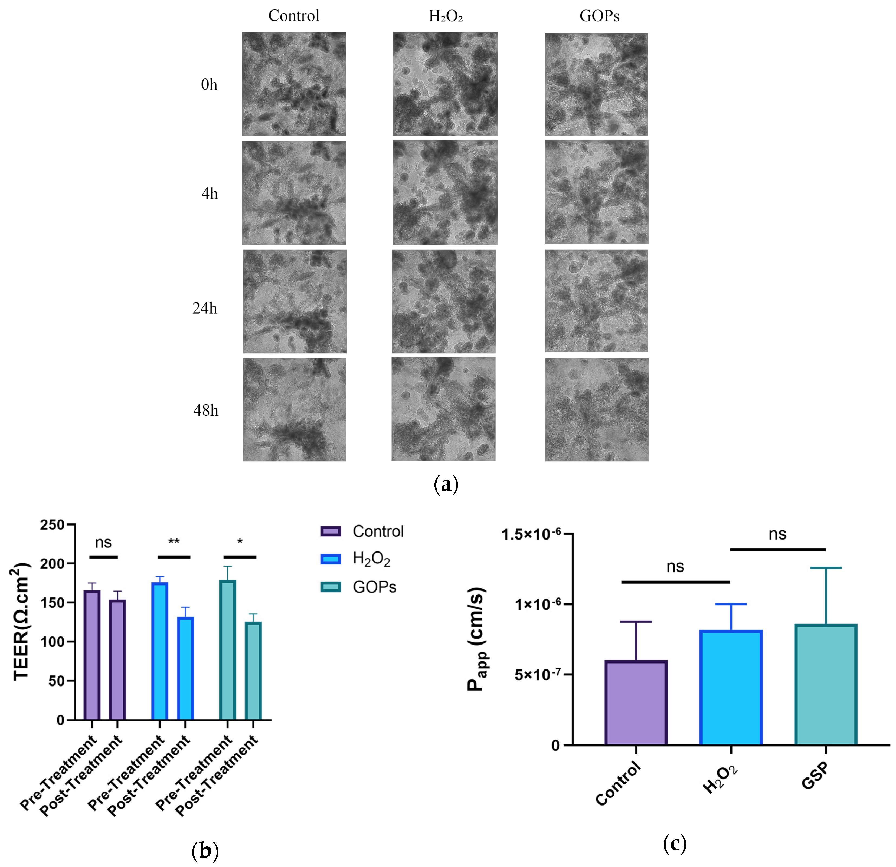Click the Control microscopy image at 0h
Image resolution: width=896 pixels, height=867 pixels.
pyautogui.click(x=294, y=84)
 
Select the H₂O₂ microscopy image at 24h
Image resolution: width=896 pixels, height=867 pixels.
pyautogui.click(x=443, y=302)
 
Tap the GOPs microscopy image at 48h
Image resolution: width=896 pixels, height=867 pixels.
pyautogui.click(x=597, y=409)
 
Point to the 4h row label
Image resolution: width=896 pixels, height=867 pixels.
pyautogui.click(x=210, y=194)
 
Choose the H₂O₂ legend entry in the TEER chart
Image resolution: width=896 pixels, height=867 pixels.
pyautogui.click(x=371, y=559)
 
